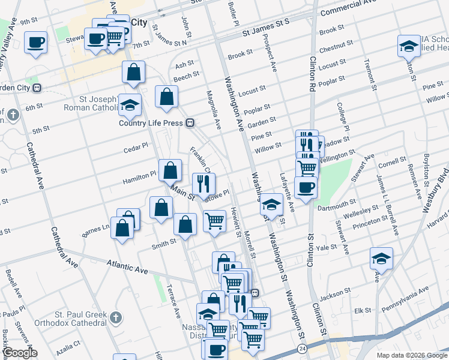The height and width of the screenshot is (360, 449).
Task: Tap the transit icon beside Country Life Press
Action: pyautogui.click(x=190, y=123)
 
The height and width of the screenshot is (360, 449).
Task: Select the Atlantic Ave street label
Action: pyautogui.click(x=127, y=266)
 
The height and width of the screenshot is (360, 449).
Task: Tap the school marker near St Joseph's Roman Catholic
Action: pyautogui.click(x=130, y=105)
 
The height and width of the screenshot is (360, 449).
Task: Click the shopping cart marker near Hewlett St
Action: pyautogui.click(x=214, y=221)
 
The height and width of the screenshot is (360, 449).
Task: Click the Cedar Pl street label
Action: pyautogui.click(x=135, y=146)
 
